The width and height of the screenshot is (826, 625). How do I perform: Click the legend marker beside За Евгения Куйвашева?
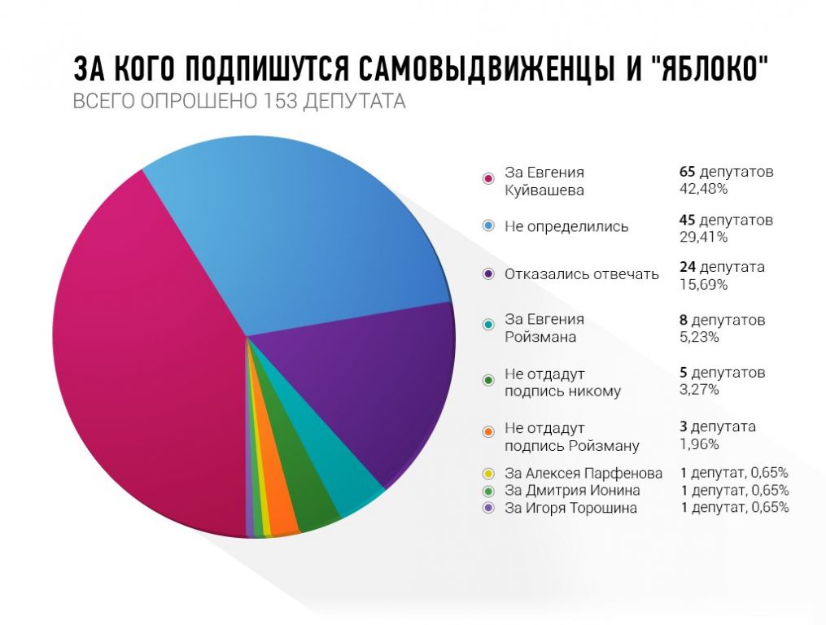pos(488,180)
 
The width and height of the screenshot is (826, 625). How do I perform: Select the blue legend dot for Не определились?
pos(488,226)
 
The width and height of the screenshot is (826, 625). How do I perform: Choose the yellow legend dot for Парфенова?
pos(488,473)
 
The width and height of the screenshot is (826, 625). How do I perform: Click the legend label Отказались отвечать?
pos(581,273)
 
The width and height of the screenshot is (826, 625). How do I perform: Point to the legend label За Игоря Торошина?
pos(570,509)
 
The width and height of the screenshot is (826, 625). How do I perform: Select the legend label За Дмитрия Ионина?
pos(572,491)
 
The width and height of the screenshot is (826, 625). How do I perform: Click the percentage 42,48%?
pos(703,189)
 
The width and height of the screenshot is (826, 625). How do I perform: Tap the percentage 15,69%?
pos(703,284)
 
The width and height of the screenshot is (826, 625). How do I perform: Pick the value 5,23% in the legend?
pos(699,337)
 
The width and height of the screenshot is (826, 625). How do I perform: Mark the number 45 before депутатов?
pos(688,221)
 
